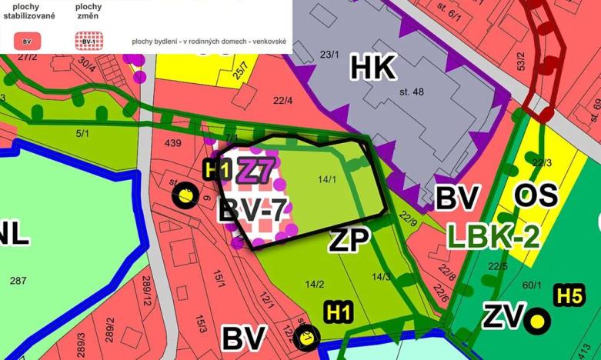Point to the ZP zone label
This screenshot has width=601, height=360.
[x=350, y=239]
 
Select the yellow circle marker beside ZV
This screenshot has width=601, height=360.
[x=539, y=322]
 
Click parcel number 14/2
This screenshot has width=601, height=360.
[x=314, y=284]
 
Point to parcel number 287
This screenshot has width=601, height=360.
[x=18, y=281]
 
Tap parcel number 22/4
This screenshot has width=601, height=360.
[x=282, y=100]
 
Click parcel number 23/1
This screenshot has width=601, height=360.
[x=329, y=55]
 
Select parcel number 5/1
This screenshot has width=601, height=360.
[x=82, y=133]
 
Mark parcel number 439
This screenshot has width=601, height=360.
[x=172, y=143]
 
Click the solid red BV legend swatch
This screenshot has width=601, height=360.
[x=28, y=41]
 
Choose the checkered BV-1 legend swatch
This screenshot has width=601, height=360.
[x=88, y=41]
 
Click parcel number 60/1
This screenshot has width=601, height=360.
[x=532, y=285]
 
